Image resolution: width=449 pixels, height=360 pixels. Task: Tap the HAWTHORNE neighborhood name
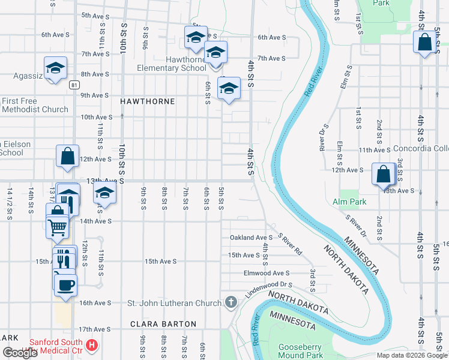148,101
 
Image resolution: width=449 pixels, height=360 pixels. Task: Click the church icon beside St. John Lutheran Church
231,302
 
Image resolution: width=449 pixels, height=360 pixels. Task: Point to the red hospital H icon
92,345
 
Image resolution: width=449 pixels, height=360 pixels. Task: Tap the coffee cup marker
65,283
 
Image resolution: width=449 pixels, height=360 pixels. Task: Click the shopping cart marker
58,226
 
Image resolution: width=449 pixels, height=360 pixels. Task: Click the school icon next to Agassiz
55,68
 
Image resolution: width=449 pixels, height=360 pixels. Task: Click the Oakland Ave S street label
251,238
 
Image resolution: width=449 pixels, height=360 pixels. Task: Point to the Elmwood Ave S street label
267,273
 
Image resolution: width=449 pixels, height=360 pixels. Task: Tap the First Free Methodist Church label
35,105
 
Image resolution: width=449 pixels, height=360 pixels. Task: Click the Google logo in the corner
20,352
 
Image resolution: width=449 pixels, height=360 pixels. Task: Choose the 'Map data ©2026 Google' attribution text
412,355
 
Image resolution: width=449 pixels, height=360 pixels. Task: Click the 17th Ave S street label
95,329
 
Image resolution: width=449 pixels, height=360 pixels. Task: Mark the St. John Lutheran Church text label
174,303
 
